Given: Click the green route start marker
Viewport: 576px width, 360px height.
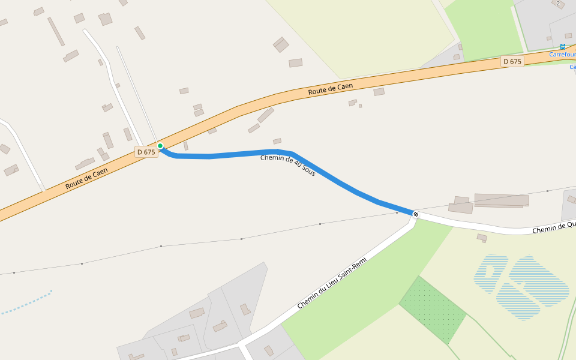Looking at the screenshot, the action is (x=160, y=146).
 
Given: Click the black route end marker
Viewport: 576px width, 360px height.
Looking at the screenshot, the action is (x=416, y=214).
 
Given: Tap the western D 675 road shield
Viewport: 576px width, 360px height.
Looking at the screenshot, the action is (x=146, y=152).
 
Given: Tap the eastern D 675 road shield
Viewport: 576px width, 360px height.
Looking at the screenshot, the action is (x=512, y=61).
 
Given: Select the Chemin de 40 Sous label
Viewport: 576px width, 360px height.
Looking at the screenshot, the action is (x=287, y=165).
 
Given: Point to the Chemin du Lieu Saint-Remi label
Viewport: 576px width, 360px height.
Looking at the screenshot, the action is (x=332, y=283).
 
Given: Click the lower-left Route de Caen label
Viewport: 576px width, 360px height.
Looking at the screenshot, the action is (x=86, y=179).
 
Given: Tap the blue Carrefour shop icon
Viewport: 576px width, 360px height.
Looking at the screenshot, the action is (x=562, y=47).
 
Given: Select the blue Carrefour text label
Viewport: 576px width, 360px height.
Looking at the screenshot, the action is (x=562, y=55).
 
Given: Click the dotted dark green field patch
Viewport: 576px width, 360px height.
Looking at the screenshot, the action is (x=432, y=310).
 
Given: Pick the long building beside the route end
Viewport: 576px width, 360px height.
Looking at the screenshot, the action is (x=502, y=200).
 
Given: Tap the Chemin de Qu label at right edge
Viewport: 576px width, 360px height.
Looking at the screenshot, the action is (x=554, y=227).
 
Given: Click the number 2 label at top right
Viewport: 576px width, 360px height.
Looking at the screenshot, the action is (x=558, y=4).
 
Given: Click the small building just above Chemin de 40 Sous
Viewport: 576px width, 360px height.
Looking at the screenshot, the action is (x=277, y=142).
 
